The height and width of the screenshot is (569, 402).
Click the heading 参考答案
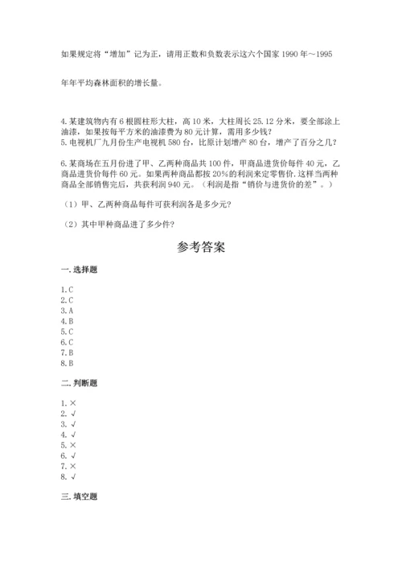tap(201, 247)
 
